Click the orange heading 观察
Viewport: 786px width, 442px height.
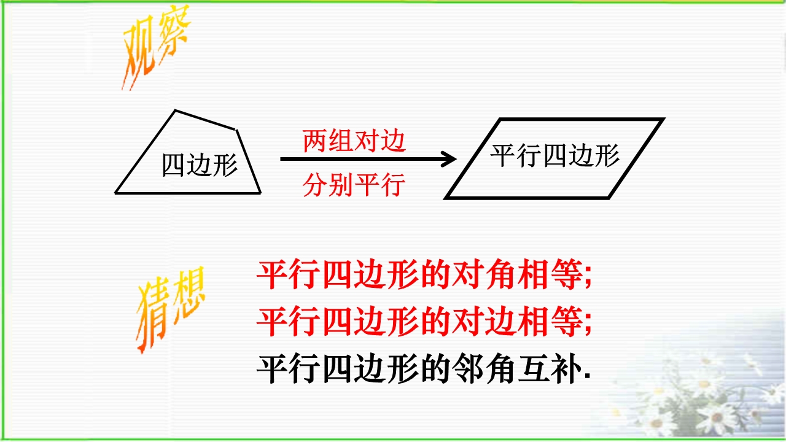click(156, 47)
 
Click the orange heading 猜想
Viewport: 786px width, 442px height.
click(171, 309)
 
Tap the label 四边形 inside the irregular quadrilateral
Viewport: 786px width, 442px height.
click(200, 165)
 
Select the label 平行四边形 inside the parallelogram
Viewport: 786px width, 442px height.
click(554, 155)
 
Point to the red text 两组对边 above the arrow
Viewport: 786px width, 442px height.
click(354, 141)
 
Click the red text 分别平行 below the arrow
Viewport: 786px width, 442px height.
click(354, 185)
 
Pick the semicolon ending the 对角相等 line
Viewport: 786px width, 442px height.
click(588, 279)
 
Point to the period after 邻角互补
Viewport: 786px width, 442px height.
click(588, 376)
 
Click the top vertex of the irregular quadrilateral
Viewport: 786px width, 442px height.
click(175, 110)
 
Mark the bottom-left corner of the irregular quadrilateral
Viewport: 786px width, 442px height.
click(115, 193)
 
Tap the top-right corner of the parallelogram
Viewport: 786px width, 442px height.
click(663, 119)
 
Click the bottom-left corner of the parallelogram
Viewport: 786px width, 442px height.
click(446, 198)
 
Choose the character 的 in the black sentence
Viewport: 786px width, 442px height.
click(435, 368)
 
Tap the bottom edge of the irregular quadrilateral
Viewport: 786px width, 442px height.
click(188, 193)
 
